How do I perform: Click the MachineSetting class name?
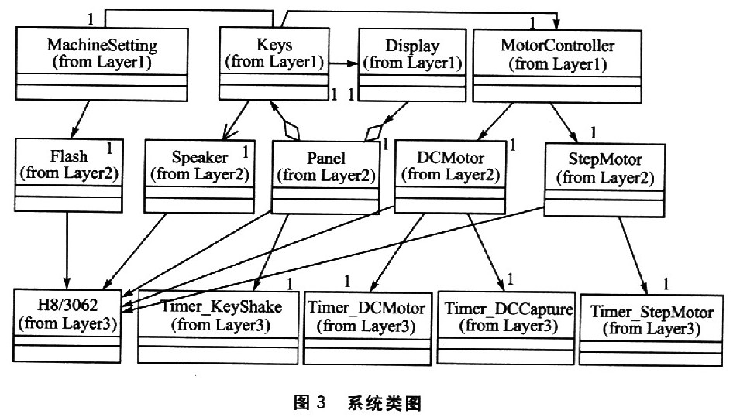102,46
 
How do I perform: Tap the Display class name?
412,46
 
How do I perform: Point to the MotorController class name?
557,46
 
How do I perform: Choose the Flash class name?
69,156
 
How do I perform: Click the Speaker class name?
200,157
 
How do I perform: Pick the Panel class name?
326,159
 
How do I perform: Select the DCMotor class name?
450,158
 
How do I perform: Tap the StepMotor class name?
605,159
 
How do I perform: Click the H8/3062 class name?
67,306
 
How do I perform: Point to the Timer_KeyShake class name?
221,307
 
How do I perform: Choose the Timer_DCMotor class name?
366,308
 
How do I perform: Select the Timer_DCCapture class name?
508,309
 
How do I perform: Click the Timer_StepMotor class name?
651,312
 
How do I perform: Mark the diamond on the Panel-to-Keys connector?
291,130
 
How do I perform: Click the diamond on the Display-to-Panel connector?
374,132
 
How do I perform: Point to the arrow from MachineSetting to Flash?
80,120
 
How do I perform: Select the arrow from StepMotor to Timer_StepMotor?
634,256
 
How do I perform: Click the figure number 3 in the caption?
320,402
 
